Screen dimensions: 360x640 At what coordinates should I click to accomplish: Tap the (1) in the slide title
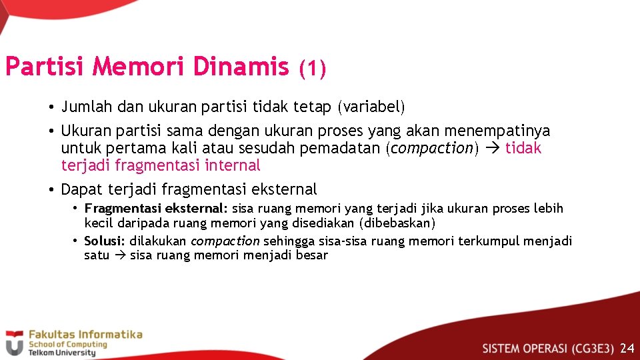pyautogui.click(x=312, y=68)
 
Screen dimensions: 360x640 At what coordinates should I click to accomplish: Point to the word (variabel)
pyautogui.click(x=371, y=107)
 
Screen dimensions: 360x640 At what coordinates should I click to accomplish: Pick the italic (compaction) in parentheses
pyautogui.click(x=433, y=148)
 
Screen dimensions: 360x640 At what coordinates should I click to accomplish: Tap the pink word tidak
pyautogui.click(x=523, y=148)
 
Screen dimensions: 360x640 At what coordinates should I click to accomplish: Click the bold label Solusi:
pyautogui.click(x=105, y=241)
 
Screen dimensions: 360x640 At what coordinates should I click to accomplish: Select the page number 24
pyautogui.click(x=627, y=348)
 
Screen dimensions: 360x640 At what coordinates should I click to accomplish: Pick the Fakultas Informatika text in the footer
pyautogui.click(x=84, y=334)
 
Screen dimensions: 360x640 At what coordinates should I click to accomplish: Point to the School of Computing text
pyautogui.click(x=67, y=345)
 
